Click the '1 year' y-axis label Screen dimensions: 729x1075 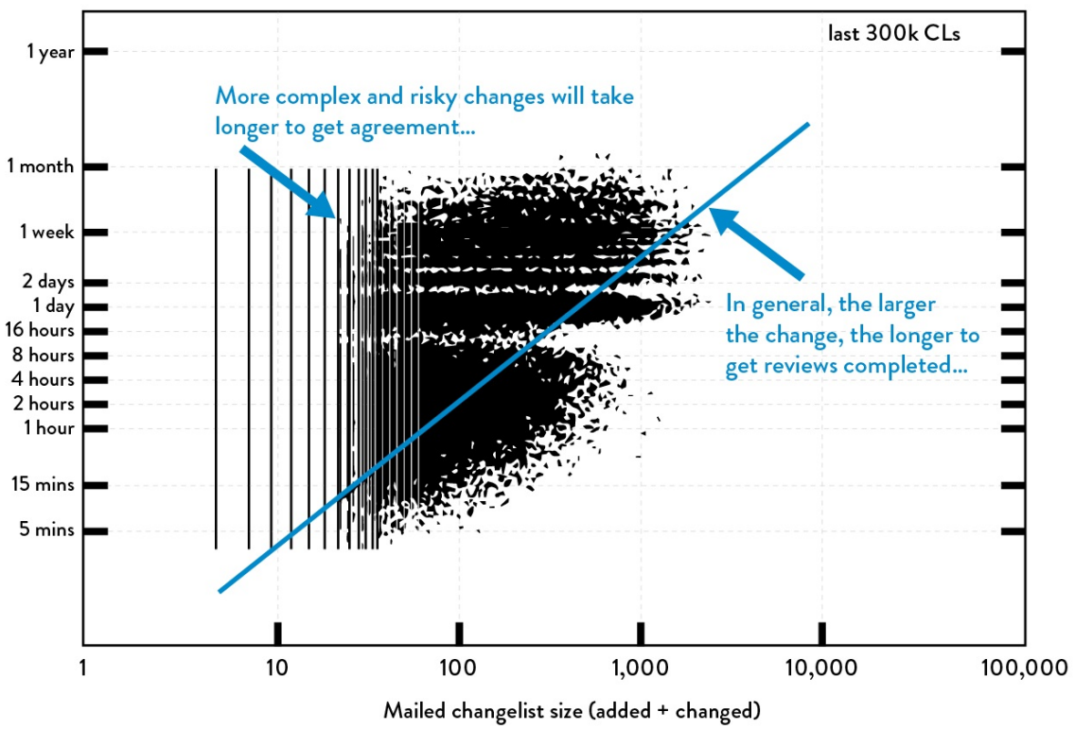[x=50, y=52]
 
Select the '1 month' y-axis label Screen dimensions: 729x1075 [x=41, y=166]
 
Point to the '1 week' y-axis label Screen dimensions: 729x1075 [x=46, y=233]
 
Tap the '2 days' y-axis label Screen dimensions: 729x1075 [x=49, y=282]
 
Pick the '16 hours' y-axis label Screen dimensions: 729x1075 [x=41, y=331]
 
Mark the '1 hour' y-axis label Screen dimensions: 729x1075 [x=49, y=428]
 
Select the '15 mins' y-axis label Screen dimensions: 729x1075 [x=44, y=485]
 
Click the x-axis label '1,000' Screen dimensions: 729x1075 [x=641, y=668]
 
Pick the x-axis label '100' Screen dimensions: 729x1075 [x=458, y=668]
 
